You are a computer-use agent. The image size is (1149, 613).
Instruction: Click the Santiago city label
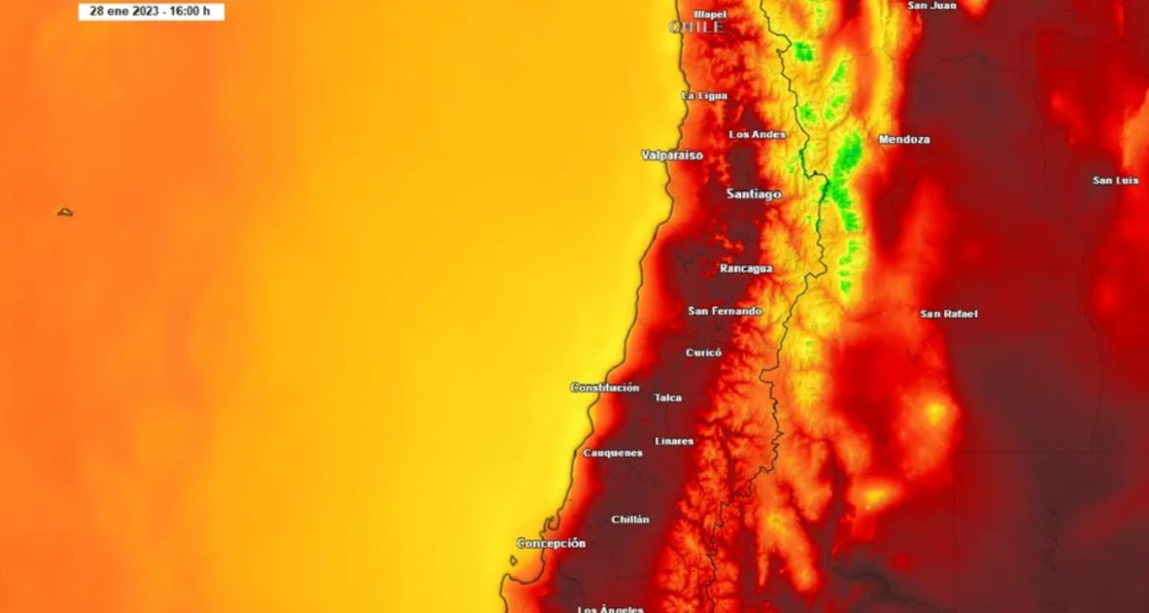coord(754,194)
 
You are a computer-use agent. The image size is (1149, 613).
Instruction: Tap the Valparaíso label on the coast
coord(672,155)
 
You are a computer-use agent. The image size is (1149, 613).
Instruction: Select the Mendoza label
coord(904,140)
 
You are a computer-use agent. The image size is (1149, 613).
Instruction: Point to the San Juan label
coord(931,6)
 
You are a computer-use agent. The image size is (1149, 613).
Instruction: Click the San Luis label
coord(1115,180)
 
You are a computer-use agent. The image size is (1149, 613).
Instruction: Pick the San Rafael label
coord(949,314)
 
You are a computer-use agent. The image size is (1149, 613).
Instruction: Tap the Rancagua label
coord(746,269)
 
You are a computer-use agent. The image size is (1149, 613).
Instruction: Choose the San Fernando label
coord(725,311)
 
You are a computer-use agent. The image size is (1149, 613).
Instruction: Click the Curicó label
coord(704,352)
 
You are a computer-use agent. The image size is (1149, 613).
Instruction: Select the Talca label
coord(667,397)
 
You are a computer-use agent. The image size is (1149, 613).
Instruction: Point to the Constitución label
coord(605,388)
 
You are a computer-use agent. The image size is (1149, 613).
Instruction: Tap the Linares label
coord(674,442)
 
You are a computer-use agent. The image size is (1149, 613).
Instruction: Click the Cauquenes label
coord(613,453)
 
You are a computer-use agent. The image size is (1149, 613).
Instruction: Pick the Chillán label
coord(630,520)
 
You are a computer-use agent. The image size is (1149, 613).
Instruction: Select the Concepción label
coord(551,543)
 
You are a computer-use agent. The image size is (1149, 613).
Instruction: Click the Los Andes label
coord(757,135)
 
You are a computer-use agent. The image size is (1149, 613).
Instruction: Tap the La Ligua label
coord(704,96)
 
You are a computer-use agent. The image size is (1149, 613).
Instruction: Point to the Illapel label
coord(710,14)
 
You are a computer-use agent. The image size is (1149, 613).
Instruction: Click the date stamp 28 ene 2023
coord(151,11)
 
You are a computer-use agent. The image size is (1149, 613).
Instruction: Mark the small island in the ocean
coord(65,212)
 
